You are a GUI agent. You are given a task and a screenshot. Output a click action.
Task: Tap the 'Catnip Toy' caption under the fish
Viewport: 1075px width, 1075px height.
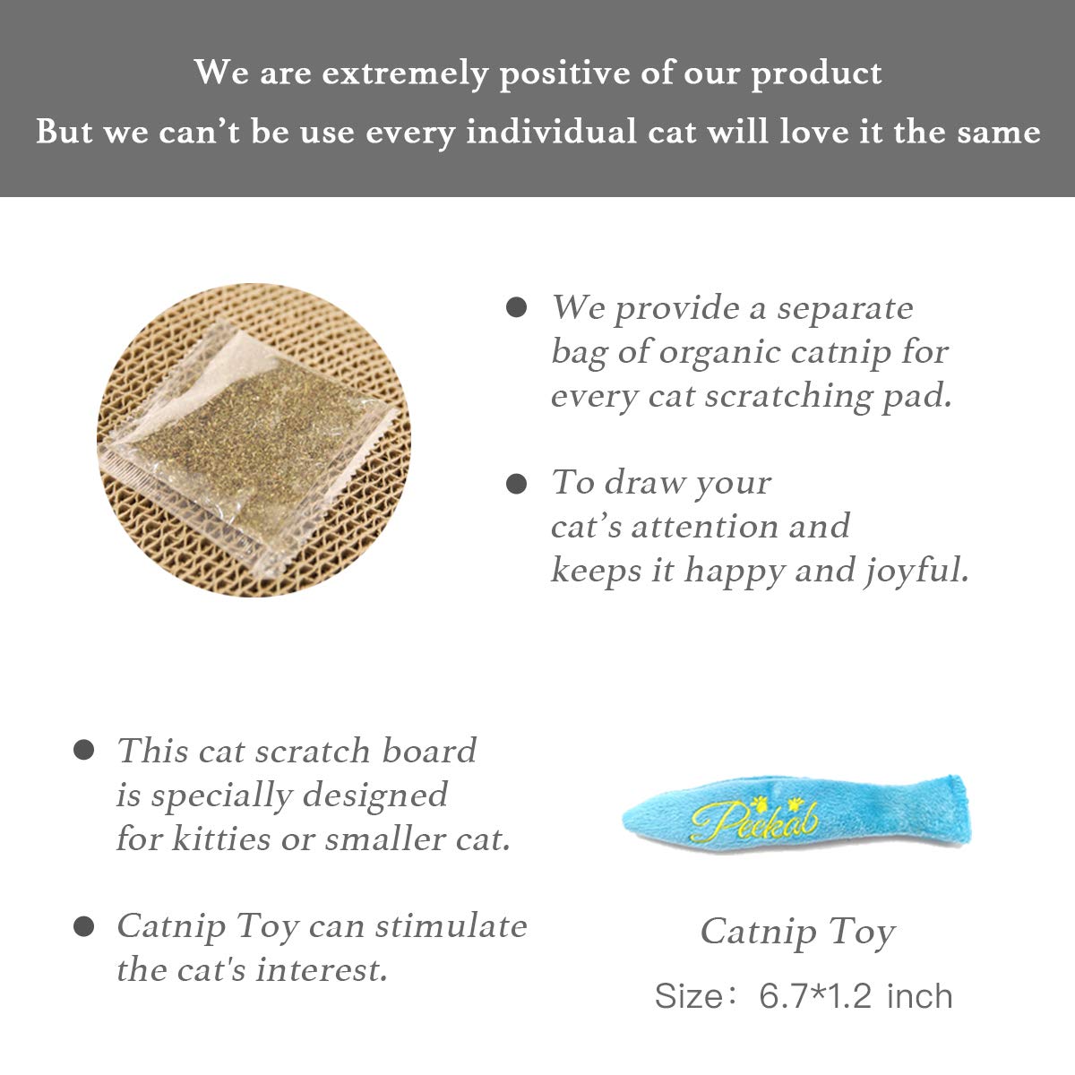pyautogui.click(x=797, y=932)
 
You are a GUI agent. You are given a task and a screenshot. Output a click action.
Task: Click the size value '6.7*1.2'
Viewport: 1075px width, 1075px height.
pyautogui.click(x=815, y=996)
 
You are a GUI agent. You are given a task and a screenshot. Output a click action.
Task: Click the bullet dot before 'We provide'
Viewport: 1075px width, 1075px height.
pyautogui.click(x=516, y=308)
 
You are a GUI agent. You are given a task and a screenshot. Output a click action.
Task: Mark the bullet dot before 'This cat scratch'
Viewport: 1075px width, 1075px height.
pyautogui.click(x=83, y=751)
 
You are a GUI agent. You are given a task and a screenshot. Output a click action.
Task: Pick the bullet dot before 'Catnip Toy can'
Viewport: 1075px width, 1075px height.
pyautogui.click(x=83, y=926)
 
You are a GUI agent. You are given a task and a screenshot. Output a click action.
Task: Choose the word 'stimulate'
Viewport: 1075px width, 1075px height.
pyautogui.click(x=451, y=925)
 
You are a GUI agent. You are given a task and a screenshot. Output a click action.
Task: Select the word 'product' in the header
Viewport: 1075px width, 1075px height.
pyautogui.click(x=816, y=73)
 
